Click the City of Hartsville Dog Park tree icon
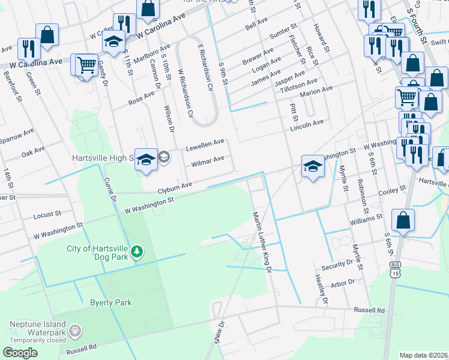point(137,251)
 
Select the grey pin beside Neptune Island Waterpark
point(74,330)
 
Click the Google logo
point(20,353)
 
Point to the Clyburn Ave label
point(175,188)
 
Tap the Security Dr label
point(337,263)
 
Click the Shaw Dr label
point(218,331)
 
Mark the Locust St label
point(47,214)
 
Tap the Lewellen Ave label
point(205,144)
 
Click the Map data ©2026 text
point(423,355)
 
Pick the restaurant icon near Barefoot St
point(28,49)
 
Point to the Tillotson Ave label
point(300,83)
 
